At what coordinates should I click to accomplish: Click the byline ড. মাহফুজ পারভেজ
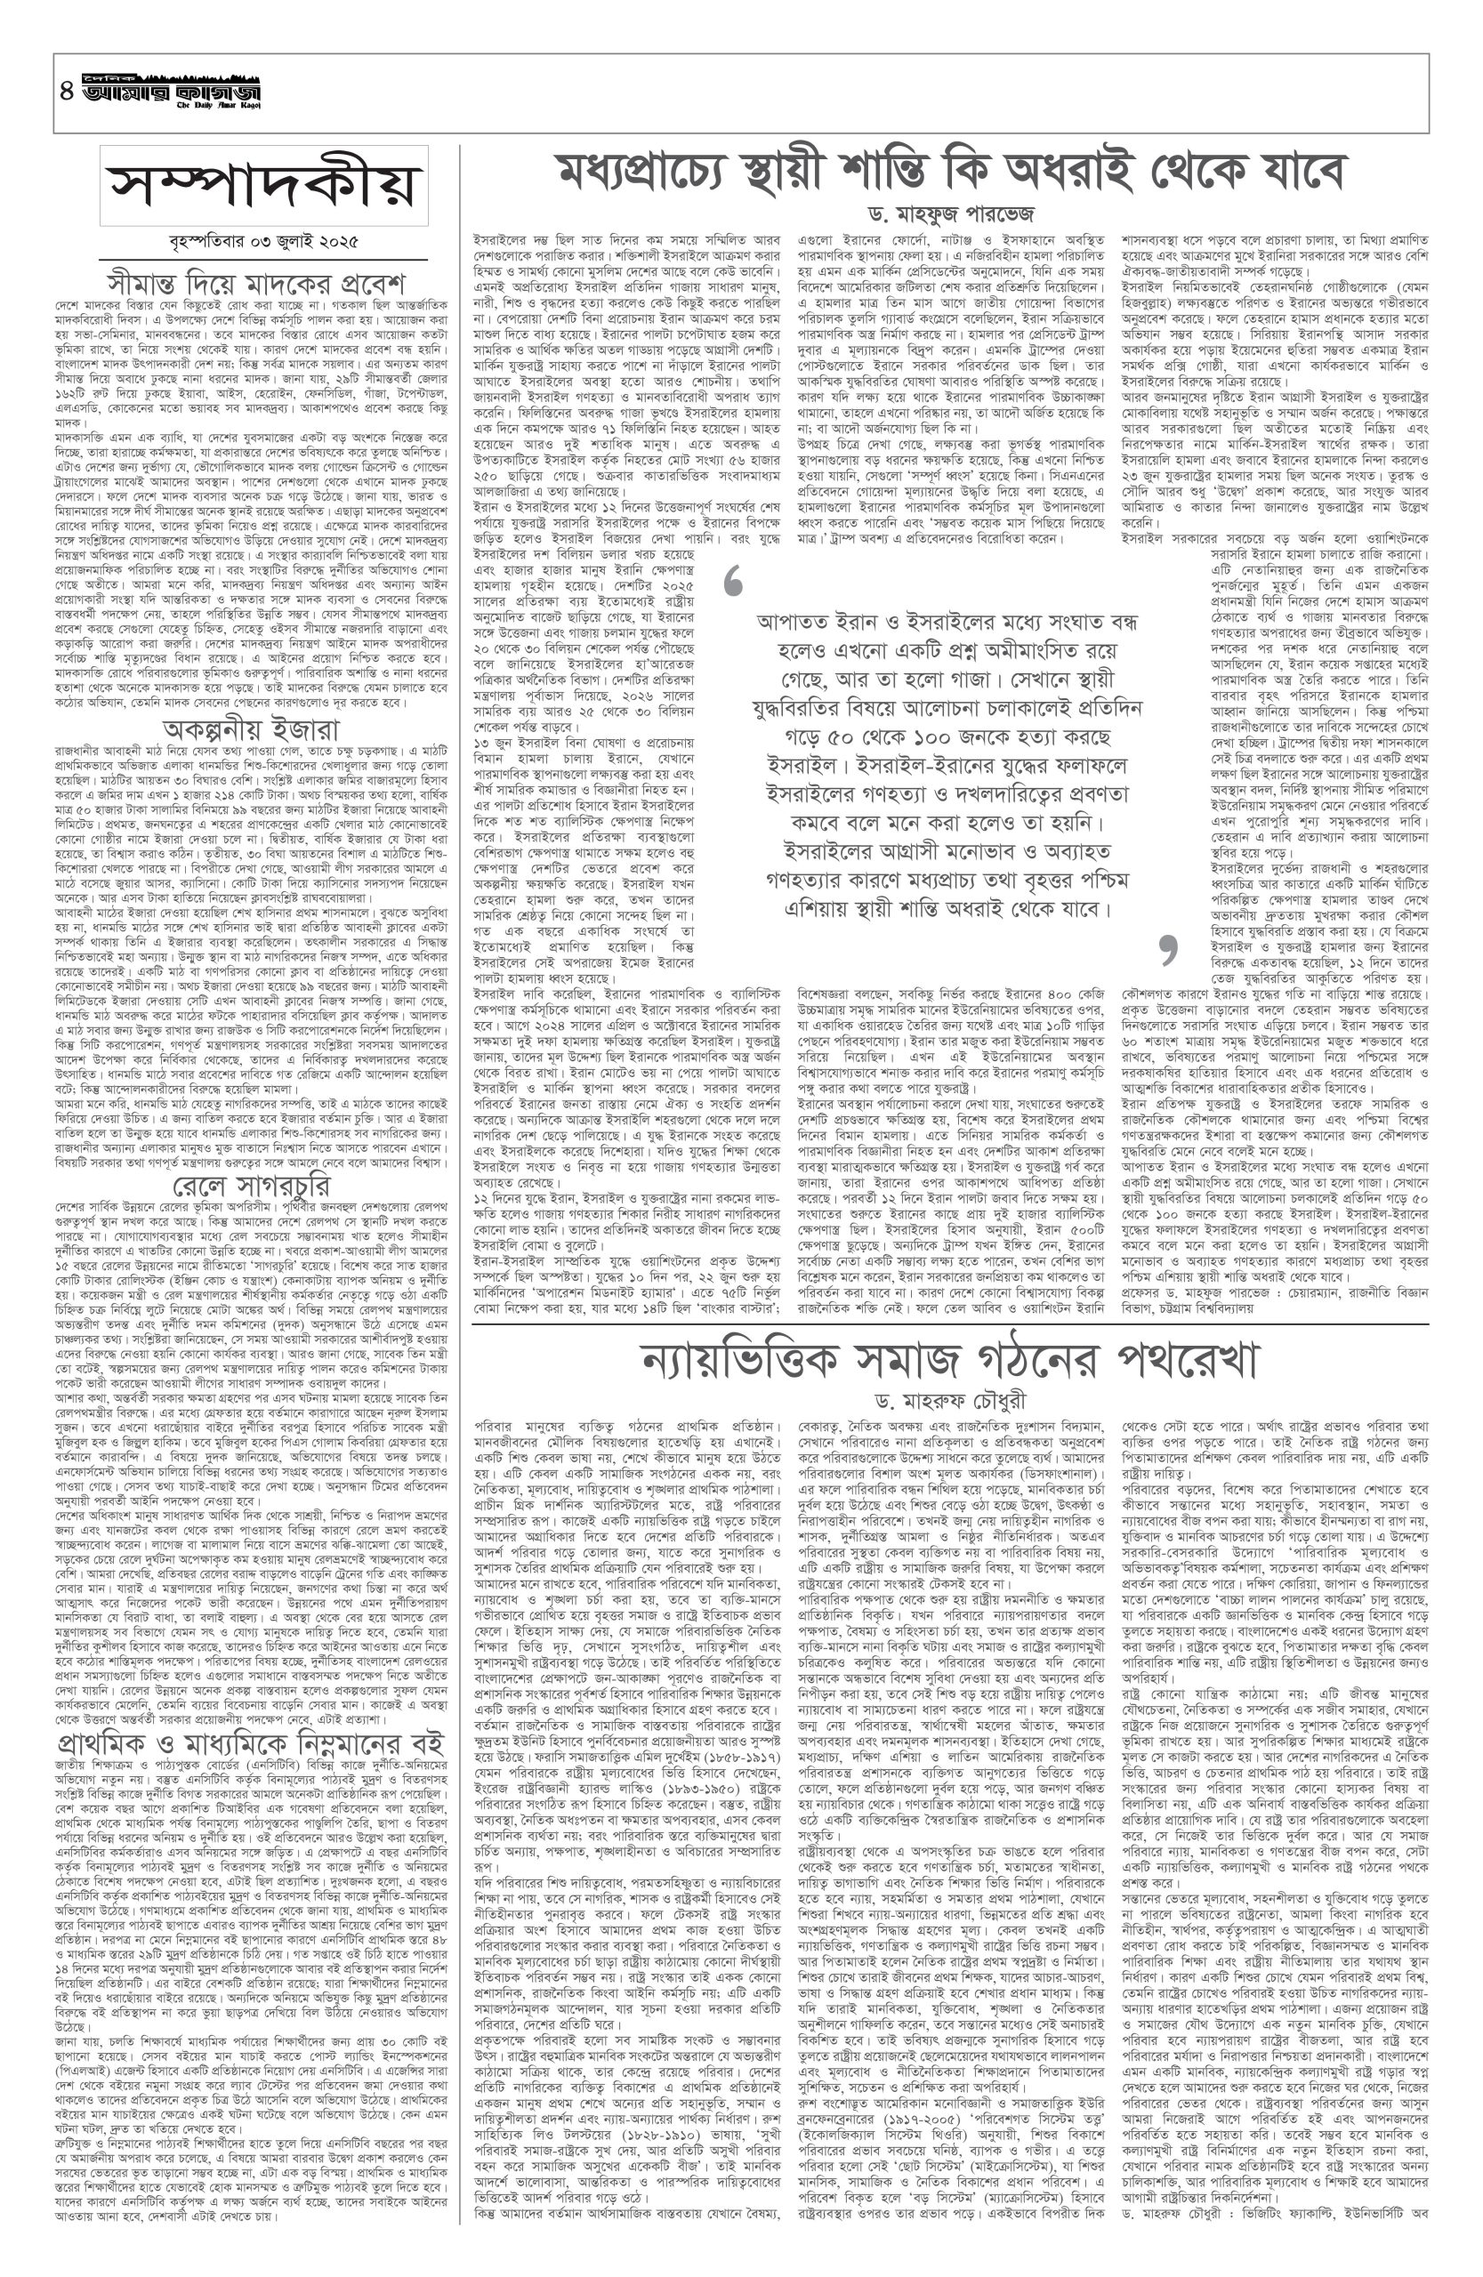click(x=951, y=211)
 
